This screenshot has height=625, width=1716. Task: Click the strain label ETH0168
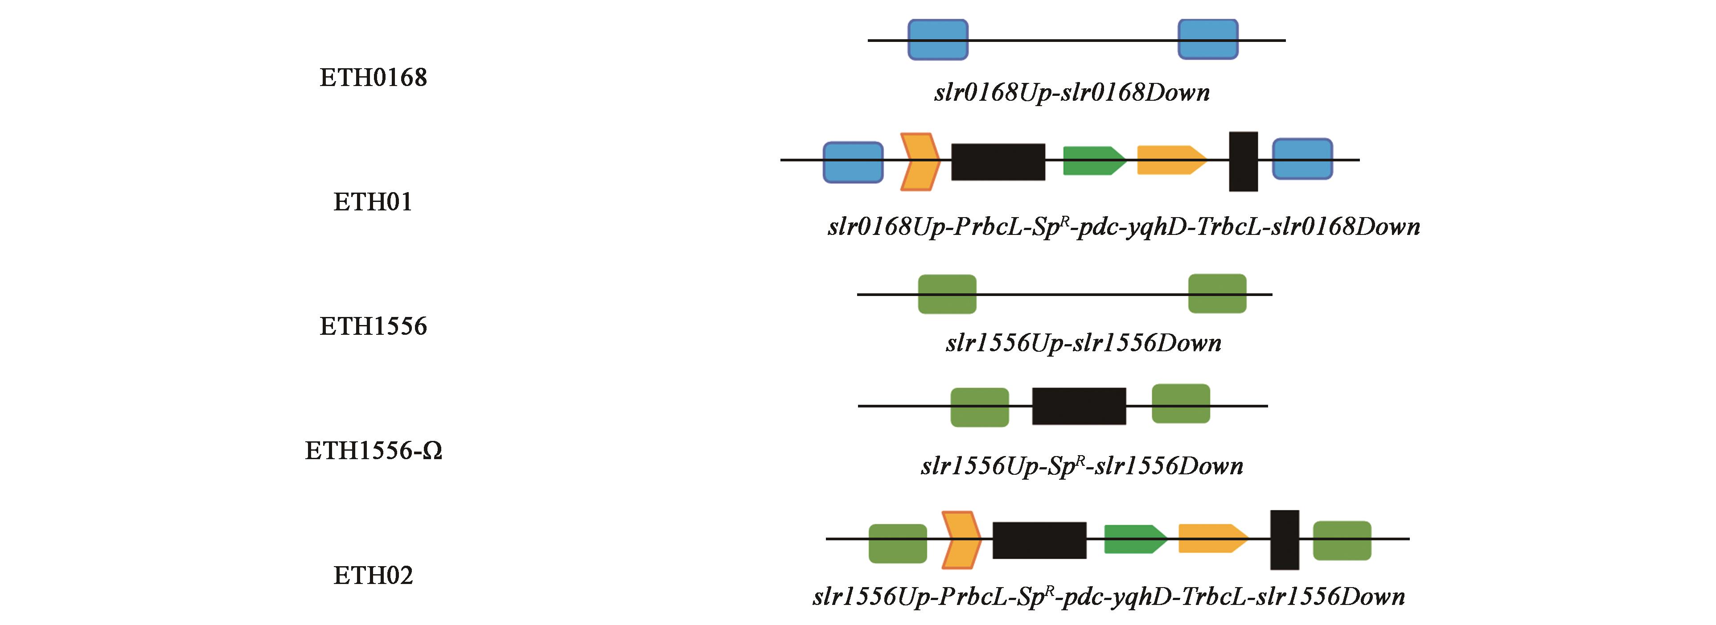click(x=373, y=78)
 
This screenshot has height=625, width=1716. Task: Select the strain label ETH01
click(x=373, y=202)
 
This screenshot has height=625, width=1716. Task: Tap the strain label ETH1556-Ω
click(x=374, y=451)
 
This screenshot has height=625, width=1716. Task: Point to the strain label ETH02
click(x=373, y=575)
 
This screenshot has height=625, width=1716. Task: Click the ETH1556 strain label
click(x=373, y=326)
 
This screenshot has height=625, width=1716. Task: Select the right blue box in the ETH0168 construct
click(x=1208, y=39)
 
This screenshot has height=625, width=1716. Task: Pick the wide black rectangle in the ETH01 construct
click(x=998, y=162)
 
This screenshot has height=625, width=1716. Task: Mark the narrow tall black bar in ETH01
click(x=1243, y=162)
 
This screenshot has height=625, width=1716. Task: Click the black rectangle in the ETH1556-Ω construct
click(x=1079, y=406)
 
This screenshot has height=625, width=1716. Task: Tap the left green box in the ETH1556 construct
click(x=947, y=294)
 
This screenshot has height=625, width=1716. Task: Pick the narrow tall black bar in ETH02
click(x=1285, y=540)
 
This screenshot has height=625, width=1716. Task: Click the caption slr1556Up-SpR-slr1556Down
click(x=1082, y=466)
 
